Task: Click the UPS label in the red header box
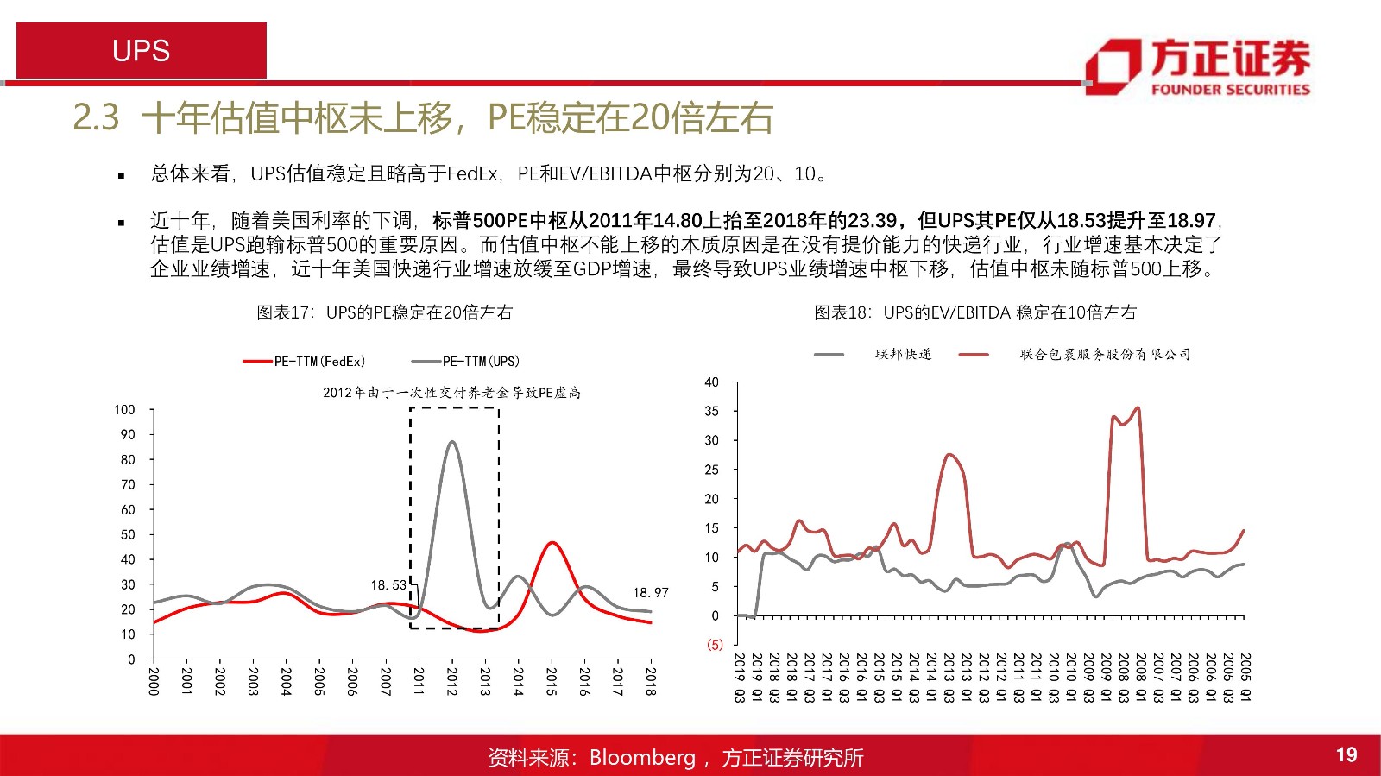141,51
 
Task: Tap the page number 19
1346,755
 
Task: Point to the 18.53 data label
388,585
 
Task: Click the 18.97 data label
651,593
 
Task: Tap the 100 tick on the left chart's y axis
124,410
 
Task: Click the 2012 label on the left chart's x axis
451,681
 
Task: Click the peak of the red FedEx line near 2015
552,543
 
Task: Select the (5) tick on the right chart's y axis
715,645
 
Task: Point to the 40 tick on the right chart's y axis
711,382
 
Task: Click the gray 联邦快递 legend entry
903,354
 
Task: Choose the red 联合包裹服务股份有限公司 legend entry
1105,354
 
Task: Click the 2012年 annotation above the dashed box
451,393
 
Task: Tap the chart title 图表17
384,312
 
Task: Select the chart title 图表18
975,312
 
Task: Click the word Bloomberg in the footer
642,758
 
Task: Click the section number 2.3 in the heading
96,117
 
